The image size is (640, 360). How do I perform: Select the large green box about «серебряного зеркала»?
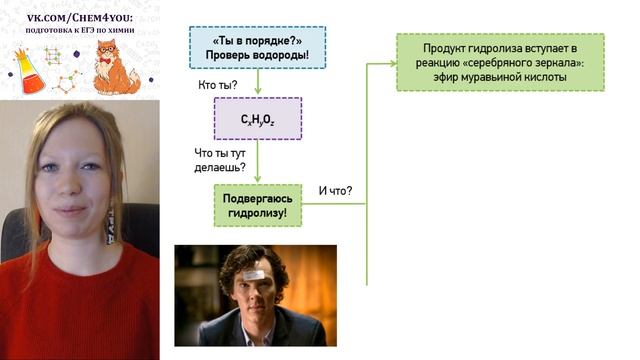(500, 62)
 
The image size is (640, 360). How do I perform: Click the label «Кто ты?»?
(218, 84)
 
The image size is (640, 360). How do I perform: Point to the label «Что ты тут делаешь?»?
(217, 160)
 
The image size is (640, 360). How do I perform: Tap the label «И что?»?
(335, 190)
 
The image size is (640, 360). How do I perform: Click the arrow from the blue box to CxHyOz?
(257, 82)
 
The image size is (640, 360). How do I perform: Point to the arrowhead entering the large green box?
(391, 63)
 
